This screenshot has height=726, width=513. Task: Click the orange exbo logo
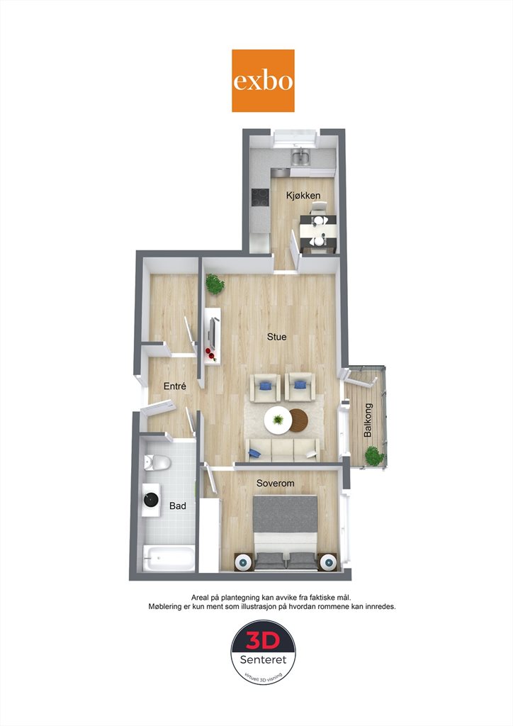pyautogui.click(x=263, y=81)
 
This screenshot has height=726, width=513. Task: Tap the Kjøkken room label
pyautogui.click(x=303, y=196)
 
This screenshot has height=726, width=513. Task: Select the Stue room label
pyautogui.click(x=276, y=337)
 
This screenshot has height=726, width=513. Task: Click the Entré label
pyautogui.click(x=175, y=386)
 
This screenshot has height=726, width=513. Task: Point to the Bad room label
pyautogui.click(x=178, y=506)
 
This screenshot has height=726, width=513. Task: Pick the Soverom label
pyautogui.click(x=275, y=483)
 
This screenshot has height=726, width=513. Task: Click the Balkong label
pyautogui.click(x=368, y=420)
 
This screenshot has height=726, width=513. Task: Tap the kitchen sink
pyautogui.click(x=300, y=157)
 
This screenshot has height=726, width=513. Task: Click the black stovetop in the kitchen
pyautogui.click(x=260, y=197)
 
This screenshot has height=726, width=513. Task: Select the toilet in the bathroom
pyautogui.click(x=157, y=462)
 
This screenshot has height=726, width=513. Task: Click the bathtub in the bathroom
pyautogui.click(x=169, y=558)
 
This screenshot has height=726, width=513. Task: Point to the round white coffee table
pyautogui.click(x=278, y=420)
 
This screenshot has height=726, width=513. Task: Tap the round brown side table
pyautogui.click(x=299, y=420)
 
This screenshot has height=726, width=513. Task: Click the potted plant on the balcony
pyautogui.click(x=374, y=456)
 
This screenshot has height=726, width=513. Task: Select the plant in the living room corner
pyautogui.click(x=215, y=284)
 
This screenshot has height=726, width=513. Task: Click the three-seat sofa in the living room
pyautogui.click(x=282, y=449)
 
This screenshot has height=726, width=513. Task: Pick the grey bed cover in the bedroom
pyautogui.click(x=286, y=514)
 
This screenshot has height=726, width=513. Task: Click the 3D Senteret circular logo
pyautogui.click(x=263, y=652)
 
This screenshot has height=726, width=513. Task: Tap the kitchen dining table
pyautogui.click(x=318, y=230)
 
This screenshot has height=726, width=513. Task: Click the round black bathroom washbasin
pyautogui.click(x=151, y=500)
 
